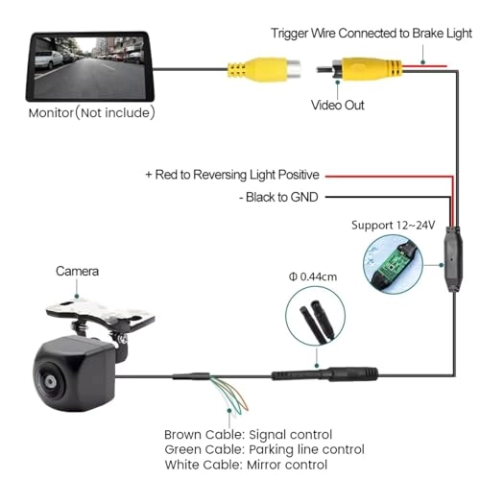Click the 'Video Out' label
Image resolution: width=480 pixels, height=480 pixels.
[337, 105]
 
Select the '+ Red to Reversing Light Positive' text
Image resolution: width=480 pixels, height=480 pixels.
[231, 176]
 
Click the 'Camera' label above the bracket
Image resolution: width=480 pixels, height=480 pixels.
[78, 272]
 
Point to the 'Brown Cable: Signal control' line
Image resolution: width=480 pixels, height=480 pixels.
[248, 435]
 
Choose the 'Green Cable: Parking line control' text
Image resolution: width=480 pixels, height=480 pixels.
[264, 449]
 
